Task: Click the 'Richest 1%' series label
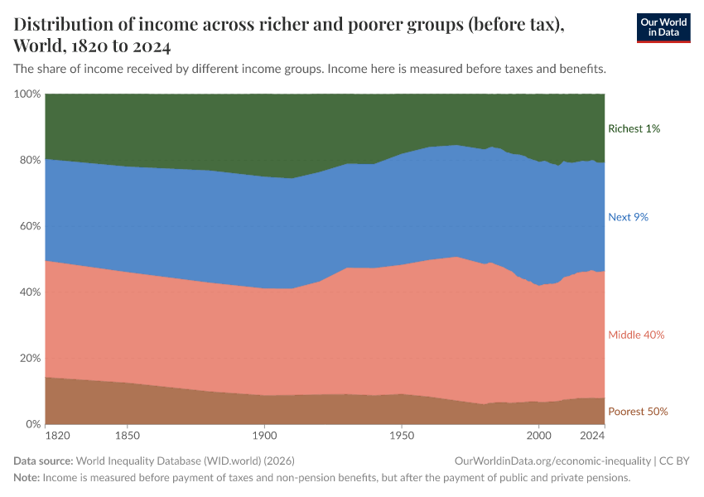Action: tap(634, 128)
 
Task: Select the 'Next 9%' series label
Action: tap(628, 217)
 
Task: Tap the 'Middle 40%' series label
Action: tap(636, 335)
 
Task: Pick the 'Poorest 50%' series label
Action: tap(638, 412)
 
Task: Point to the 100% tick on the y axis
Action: tap(27, 94)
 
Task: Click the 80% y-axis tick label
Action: tap(30, 160)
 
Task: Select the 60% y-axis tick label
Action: tap(30, 226)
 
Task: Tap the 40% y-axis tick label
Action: tap(30, 292)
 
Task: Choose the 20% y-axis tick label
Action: tap(30, 359)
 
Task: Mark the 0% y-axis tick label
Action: tap(33, 424)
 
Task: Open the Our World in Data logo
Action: tap(663, 27)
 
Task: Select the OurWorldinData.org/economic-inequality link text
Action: tap(552, 461)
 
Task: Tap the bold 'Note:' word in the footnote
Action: tap(27, 477)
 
